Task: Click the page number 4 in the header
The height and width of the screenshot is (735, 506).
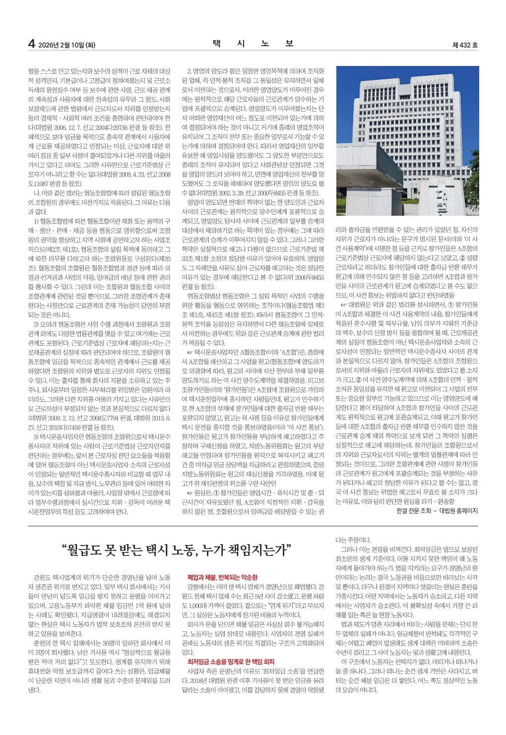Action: (31, 44)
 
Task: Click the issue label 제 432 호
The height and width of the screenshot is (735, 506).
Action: (465, 45)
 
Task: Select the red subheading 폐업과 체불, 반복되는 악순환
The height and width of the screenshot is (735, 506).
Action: (222, 577)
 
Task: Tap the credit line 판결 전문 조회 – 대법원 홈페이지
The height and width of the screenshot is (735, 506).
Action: (437, 510)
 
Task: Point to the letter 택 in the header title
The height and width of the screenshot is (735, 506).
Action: (216, 44)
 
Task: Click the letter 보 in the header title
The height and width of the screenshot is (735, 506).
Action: (289, 44)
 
